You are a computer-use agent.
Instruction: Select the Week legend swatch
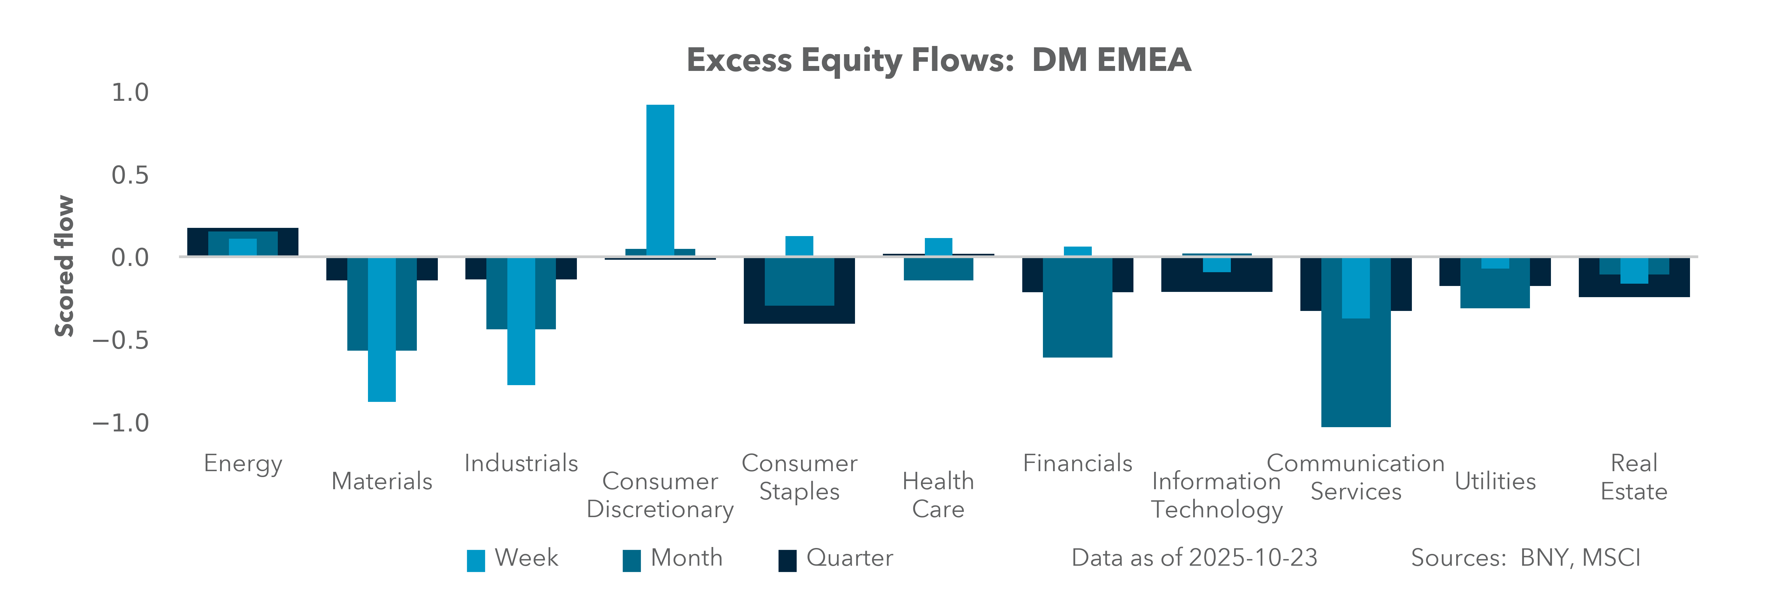(x=476, y=560)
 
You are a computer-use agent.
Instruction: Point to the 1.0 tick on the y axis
(x=130, y=92)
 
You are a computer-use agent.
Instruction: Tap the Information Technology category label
(x=1216, y=495)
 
